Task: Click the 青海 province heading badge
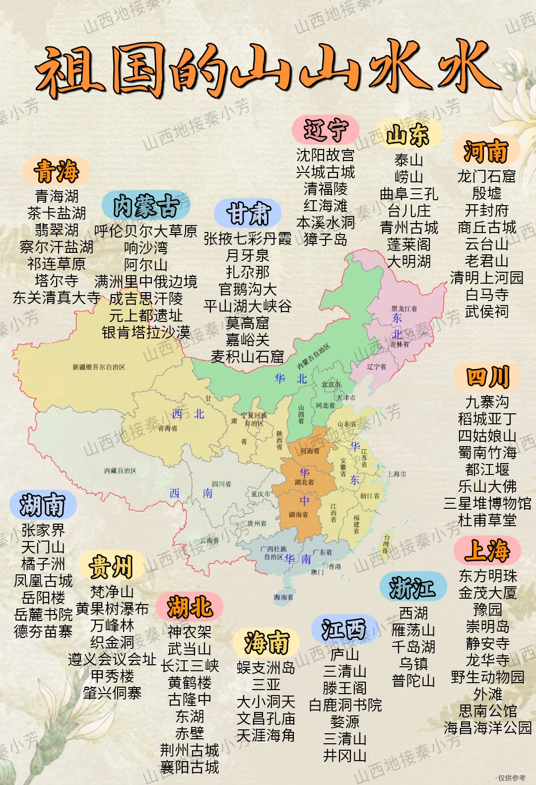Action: (57, 171)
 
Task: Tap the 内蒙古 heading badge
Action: (146, 206)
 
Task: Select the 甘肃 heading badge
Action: (248, 214)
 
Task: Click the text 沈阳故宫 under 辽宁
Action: (325, 156)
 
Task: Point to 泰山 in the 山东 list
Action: (408, 160)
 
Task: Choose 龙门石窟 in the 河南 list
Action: (486, 176)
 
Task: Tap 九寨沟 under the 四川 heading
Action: (487, 402)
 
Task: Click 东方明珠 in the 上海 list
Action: (487, 576)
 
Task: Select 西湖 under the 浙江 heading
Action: (413, 613)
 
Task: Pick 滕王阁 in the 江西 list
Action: (344, 688)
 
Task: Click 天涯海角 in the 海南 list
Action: (266, 735)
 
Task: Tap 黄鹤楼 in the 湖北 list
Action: (190, 683)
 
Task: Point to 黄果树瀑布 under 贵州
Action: (112, 609)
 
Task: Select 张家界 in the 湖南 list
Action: (43, 530)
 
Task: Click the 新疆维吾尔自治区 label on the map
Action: (99, 367)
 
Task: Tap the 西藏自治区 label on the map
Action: (120, 471)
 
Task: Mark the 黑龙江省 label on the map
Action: (404, 309)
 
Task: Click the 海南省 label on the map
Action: (283, 597)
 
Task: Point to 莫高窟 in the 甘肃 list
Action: (247, 323)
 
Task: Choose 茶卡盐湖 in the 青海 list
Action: (57, 213)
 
